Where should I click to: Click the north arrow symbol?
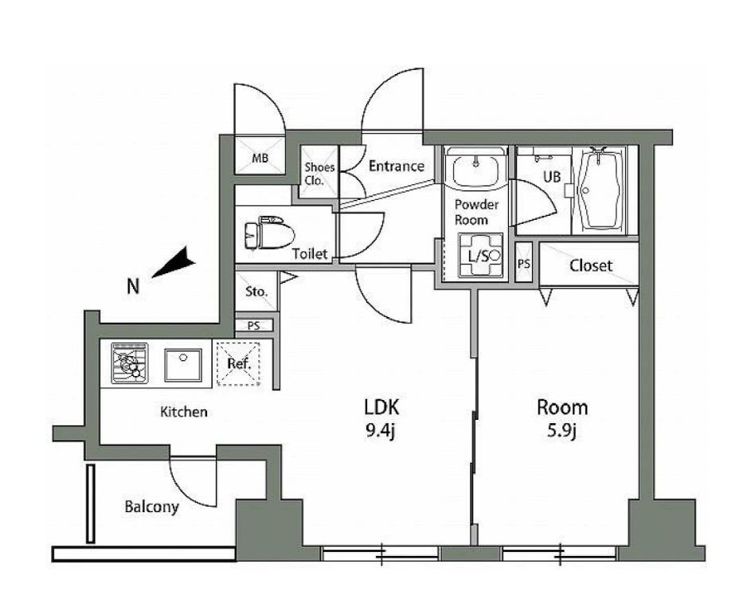[174, 263]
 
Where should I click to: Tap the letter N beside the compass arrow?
[133, 287]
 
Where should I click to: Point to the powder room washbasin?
[475, 169]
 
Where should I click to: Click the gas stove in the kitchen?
[130, 363]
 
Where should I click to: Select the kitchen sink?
[183, 365]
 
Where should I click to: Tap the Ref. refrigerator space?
[239, 363]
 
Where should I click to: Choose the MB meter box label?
[260, 158]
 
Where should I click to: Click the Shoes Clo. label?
[319, 174]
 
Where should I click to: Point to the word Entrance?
[397, 166]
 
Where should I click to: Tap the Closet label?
[591, 265]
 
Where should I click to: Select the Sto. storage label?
[256, 292]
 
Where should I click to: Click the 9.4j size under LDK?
[381, 432]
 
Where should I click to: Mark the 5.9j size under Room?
[562, 432]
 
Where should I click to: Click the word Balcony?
[151, 507]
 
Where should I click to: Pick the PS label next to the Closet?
[524, 264]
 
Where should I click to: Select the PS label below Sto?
[254, 326]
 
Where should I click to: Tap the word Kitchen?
[184, 412]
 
